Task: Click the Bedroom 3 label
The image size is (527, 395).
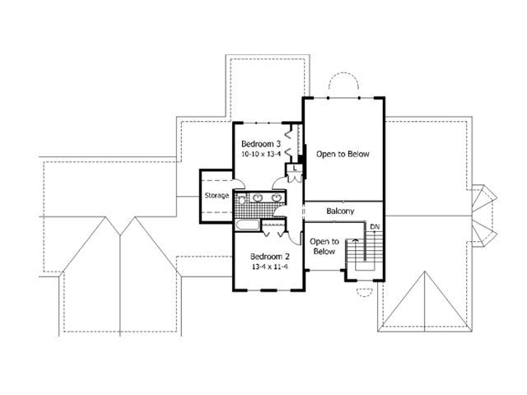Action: (261, 144)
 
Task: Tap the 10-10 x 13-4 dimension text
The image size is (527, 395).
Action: (261, 154)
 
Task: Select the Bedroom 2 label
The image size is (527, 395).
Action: (269, 257)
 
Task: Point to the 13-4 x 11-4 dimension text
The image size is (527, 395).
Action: (269, 267)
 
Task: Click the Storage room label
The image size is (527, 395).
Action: (217, 196)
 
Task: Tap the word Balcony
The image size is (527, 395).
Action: (340, 211)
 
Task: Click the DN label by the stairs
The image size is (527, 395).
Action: (375, 227)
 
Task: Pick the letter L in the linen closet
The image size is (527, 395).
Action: (295, 168)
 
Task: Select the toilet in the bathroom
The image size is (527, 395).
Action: (241, 199)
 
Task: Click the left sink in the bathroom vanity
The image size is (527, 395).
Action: (258, 197)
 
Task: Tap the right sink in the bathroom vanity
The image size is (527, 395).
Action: (277, 197)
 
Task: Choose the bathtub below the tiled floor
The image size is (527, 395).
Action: (247, 225)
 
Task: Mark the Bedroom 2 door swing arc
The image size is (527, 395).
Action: (294, 239)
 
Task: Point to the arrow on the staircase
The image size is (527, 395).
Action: (355, 240)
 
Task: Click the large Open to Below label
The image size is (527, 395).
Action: (343, 154)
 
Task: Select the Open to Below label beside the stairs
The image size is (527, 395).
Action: (324, 247)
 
